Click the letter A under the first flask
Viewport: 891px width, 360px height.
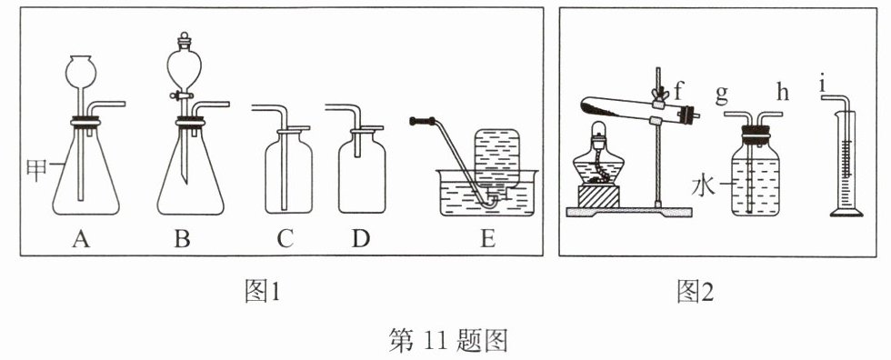coord(81,240)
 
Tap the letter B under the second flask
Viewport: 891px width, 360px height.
coord(182,240)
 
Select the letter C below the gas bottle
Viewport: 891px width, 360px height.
coord(285,240)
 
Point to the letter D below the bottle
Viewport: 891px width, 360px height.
coord(360,240)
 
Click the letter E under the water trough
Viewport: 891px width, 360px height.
coord(487,240)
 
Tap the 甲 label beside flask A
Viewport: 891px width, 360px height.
coord(36,170)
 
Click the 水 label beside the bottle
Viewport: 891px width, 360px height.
coord(702,186)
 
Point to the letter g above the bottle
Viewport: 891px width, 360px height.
coord(722,95)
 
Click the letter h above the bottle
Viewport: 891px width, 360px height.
coord(783,93)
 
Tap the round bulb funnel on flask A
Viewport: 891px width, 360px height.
coord(81,70)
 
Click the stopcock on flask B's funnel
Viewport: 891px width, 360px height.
coord(183,96)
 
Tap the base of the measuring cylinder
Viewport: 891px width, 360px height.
coord(846,213)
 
